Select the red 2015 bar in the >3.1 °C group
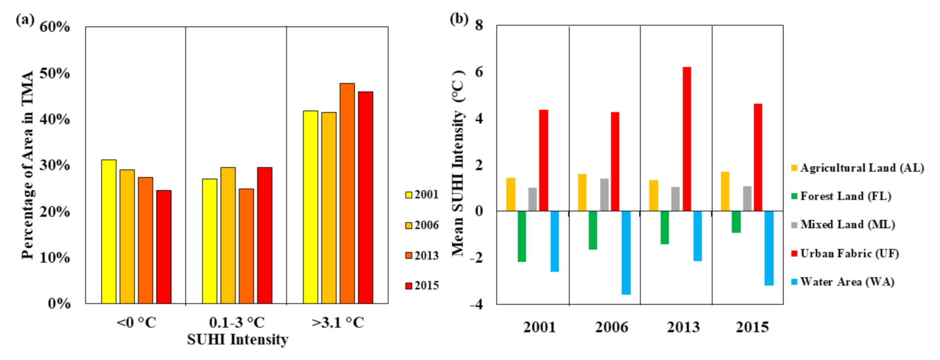click(365, 197)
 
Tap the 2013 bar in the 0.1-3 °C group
click(246, 246)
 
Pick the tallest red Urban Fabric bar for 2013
click(687, 139)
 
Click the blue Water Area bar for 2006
click(626, 252)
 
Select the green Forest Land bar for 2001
click(521, 236)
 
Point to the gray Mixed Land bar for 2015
click(747, 199)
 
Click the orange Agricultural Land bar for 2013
click(654, 195)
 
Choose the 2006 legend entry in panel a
click(422, 225)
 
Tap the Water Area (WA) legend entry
click(843, 282)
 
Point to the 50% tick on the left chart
click(55, 74)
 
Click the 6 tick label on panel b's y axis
click(478, 72)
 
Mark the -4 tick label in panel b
click(475, 304)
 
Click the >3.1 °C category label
click(338, 322)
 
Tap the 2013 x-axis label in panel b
click(683, 327)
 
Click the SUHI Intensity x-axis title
click(237, 340)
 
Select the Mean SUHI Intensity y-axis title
click(458, 163)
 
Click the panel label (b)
click(459, 19)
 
